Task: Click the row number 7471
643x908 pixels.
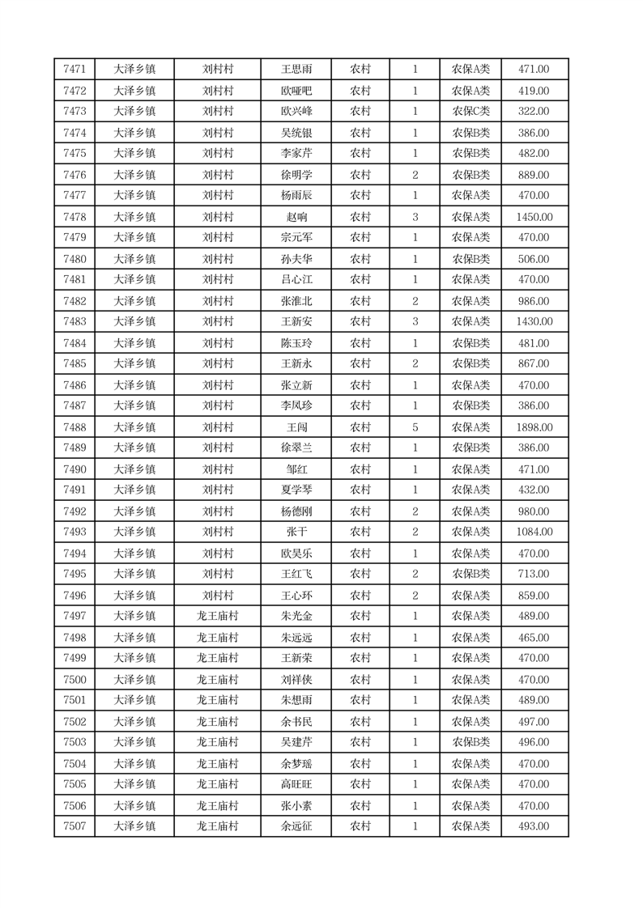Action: [x=75, y=70]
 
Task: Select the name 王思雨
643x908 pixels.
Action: [x=296, y=70]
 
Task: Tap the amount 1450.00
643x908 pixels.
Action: [x=534, y=217]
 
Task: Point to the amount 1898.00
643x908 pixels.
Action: [x=534, y=427]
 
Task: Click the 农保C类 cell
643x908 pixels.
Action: [x=471, y=112]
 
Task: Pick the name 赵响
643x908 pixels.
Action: [x=296, y=217]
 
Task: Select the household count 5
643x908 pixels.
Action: [x=415, y=427]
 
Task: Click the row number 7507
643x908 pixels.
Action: [x=75, y=826]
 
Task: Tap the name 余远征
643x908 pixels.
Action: [x=296, y=826]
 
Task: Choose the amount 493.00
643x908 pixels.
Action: [x=534, y=826]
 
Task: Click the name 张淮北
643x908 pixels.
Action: [x=296, y=301]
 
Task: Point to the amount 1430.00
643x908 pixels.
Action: [x=534, y=322]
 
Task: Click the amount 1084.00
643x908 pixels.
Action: [x=534, y=532]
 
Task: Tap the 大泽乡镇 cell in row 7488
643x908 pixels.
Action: [x=134, y=427]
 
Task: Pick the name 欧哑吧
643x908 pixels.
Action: [x=296, y=91]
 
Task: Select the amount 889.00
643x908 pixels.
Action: [x=534, y=175]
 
